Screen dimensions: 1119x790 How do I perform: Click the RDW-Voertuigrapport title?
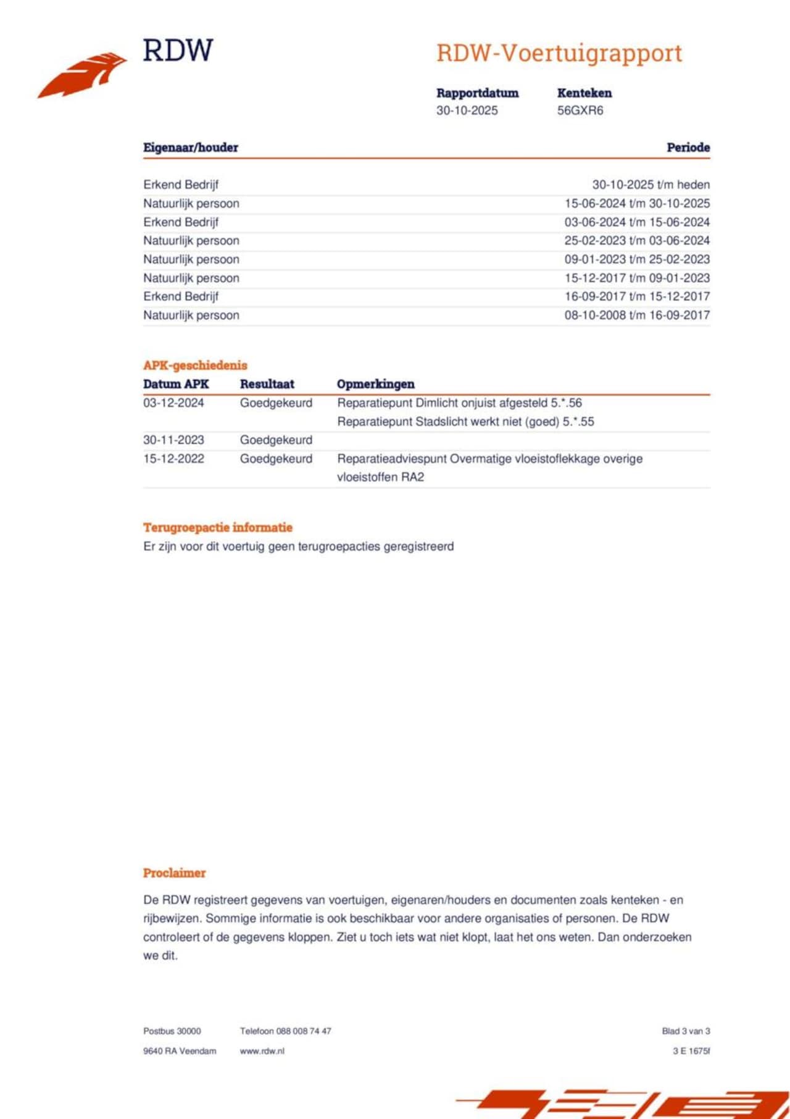[559, 53]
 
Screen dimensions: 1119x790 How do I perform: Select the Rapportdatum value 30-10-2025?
[467, 111]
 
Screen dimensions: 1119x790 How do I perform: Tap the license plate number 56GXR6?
[580, 111]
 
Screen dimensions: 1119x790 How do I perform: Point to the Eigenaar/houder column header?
[191, 148]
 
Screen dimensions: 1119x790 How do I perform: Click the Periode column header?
[688, 148]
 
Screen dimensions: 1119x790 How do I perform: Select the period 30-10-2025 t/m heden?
[651, 185]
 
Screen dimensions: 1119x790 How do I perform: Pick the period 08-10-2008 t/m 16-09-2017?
[637, 315]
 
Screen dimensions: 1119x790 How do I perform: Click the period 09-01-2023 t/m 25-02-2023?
[637, 259]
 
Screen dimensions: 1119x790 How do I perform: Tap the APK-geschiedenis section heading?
[195, 365]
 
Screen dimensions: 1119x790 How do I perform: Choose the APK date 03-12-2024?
[173, 403]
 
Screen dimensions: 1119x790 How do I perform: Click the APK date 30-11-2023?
[173, 440]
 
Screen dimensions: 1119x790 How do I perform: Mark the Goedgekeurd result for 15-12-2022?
[276, 458]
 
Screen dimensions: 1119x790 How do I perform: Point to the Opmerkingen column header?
[375, 384]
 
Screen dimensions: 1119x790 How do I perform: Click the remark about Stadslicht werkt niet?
[465, 422]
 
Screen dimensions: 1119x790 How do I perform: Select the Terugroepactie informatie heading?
[218, 527]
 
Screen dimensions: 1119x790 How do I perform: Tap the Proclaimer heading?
[174, 873]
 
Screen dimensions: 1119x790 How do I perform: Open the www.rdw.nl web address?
[262, 1050]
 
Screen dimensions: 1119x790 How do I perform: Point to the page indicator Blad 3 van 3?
[686, 1031]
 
